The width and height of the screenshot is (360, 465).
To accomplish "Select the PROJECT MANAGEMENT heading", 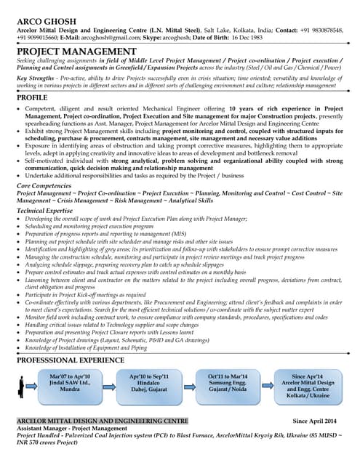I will pos(76,51).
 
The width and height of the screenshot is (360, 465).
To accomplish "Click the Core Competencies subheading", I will pos(45,186).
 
